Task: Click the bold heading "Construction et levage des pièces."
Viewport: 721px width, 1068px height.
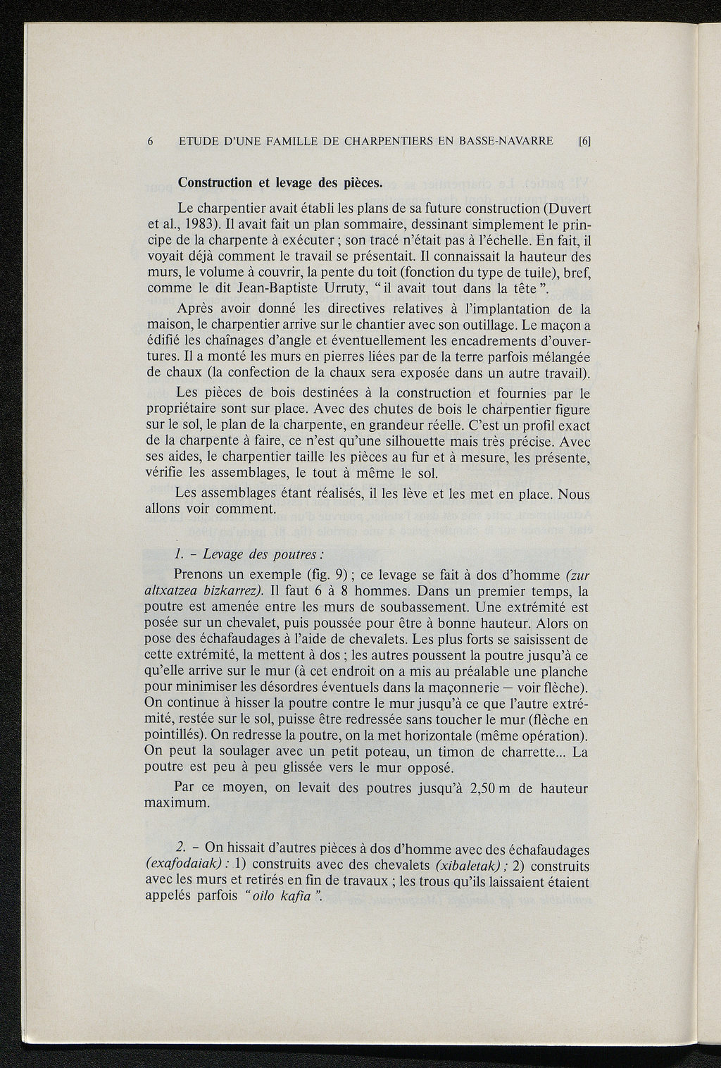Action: point(280,183)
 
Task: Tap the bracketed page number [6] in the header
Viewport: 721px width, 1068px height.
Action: point(584,141)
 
